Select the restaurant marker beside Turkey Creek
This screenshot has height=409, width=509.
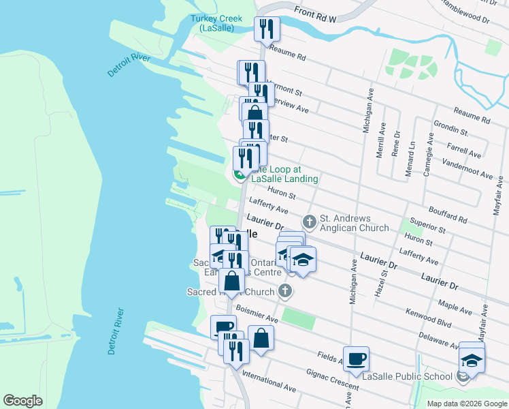click(x=267, y=29)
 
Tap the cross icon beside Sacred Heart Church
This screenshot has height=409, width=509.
click(x=285, y=292)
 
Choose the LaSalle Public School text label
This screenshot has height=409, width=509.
click(x=407, y=376)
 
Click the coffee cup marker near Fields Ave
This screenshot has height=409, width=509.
click(x=357, y=359)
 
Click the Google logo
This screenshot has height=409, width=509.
click(x=22, y=401)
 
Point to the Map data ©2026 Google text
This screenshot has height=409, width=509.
click(x=466, y=404)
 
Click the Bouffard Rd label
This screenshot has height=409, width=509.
click(x=448, y=215)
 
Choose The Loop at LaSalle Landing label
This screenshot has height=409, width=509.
click(x=284, y=174)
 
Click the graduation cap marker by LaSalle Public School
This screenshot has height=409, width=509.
click(x=472, y=359)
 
